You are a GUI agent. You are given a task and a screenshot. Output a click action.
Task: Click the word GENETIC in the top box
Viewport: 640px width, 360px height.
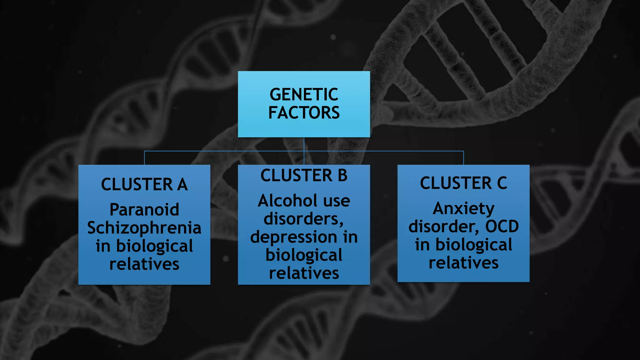point(304,94)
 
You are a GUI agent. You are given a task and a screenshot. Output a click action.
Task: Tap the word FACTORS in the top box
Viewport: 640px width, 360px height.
point(304,113)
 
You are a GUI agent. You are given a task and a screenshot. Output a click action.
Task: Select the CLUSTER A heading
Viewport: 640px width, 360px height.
point(144,184)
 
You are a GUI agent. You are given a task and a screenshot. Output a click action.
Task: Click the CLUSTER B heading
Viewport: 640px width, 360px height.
point(304,175)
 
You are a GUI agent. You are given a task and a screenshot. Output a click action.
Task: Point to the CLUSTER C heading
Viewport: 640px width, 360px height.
point(463,183)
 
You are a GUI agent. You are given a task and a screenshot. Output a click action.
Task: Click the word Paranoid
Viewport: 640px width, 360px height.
point(144,210)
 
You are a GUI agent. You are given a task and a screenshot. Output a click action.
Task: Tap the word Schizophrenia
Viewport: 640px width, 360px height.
point(144,228)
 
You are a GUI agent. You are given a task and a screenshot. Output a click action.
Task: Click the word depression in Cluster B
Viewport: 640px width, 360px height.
point(293,237)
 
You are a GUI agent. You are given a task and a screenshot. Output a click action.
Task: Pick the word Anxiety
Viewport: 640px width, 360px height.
point(463,208)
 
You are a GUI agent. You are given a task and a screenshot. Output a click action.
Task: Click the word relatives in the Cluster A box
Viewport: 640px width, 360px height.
point(144,264)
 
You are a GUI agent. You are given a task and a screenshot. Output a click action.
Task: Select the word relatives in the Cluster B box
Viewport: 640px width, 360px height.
point(304,273)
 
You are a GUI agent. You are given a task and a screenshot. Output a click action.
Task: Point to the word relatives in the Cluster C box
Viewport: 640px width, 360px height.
point(463,263)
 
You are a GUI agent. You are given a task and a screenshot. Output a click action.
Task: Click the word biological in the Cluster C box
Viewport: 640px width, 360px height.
point(474,245)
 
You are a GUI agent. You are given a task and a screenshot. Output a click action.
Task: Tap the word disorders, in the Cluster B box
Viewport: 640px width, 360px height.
point(304,219)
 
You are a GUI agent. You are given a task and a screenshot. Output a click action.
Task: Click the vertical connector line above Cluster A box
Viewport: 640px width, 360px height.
point(144,158)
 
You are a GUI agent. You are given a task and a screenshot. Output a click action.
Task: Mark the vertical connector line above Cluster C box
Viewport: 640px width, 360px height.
point(463,158)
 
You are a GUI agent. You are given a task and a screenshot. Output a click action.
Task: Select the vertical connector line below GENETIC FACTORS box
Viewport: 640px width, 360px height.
point(304,144)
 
